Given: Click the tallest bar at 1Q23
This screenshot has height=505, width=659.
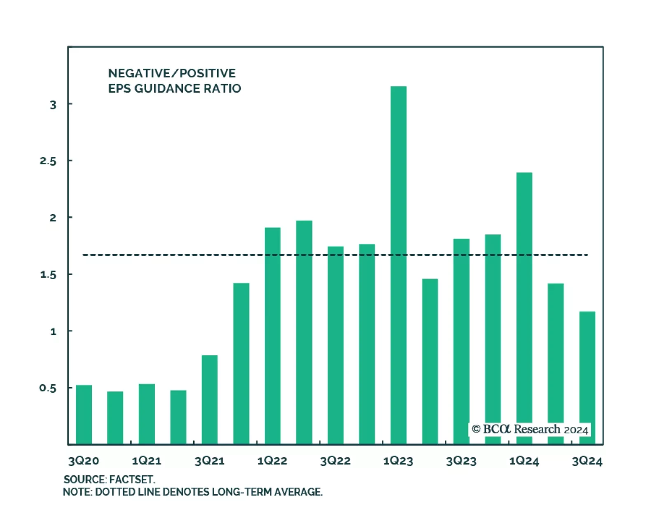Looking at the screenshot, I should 398,264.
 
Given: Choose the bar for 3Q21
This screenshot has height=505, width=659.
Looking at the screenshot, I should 210,400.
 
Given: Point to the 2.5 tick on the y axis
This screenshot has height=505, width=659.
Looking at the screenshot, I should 48,161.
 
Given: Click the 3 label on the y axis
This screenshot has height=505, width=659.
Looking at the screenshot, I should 53,105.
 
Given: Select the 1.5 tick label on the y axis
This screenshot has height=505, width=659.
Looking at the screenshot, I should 48,275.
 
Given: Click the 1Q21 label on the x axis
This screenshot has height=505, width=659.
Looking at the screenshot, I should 147,461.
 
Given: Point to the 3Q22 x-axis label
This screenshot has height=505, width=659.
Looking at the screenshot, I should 335,461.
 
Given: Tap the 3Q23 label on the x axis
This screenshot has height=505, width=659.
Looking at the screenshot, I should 461,461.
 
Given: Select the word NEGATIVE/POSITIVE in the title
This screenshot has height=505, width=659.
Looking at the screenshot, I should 172,73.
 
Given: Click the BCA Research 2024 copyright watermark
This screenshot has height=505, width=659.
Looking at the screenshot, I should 530,430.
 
